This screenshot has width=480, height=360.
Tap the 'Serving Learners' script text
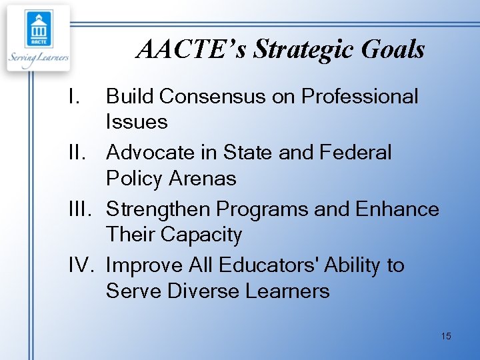(39, 58)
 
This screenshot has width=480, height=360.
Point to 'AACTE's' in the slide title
(192, 49)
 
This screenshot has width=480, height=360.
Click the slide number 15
(446, 336)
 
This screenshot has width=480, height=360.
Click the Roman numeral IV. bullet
(83, 265)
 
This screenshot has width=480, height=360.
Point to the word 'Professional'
(360, 97)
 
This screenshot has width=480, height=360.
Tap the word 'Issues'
(137, 122)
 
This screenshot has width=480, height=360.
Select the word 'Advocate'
(153, 153)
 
